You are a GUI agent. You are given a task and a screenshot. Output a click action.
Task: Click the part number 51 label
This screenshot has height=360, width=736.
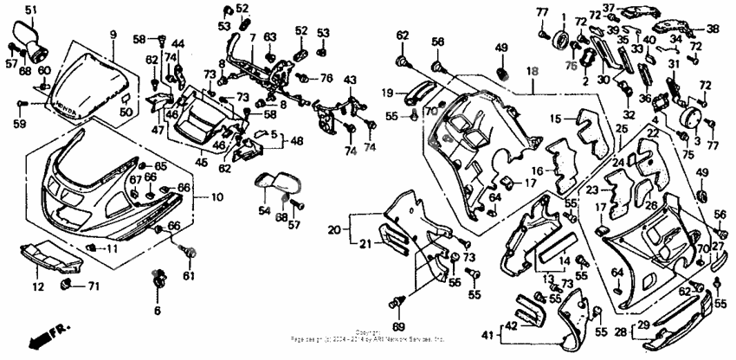[x=31, y=10]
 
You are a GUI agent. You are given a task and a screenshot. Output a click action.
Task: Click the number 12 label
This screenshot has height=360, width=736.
[x=37, y=286]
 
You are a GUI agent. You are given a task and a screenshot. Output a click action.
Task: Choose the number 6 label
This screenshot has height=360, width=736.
[x=158, y=310]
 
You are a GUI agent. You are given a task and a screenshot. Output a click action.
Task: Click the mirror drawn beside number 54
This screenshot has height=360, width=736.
[x=279, y=184]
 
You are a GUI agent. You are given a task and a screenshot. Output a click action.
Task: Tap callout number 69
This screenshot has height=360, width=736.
[x=399, y=326]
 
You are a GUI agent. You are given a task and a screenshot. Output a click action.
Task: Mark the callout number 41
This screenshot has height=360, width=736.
[x=487, y=334]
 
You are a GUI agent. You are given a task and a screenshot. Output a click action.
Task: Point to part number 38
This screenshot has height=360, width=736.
[x=713, y=29]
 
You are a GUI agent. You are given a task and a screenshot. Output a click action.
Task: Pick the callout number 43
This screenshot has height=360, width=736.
[x=349, y=80]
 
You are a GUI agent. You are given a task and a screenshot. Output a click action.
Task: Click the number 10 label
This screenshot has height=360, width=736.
[x=216, y=197]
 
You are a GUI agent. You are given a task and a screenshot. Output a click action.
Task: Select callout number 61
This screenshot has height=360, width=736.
[x=188, y=276]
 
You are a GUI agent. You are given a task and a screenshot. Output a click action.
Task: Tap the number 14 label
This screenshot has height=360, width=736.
[x=565, y=260]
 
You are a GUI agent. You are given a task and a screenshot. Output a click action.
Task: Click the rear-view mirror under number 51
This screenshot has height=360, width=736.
[x=34, y=35]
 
